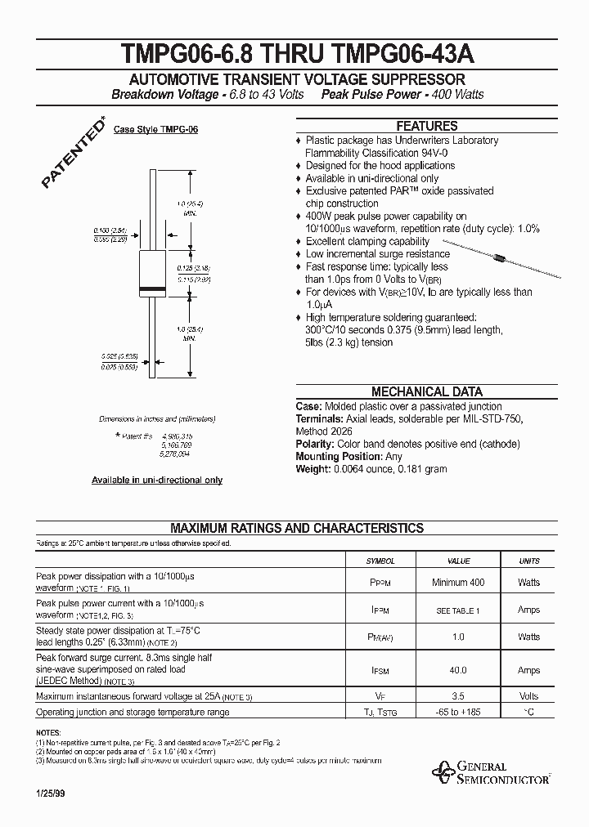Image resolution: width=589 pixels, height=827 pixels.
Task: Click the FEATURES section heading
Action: [426, 127]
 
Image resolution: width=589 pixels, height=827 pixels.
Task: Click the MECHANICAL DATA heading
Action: [426, 391]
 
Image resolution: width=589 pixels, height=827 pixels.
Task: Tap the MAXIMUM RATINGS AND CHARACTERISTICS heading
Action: [296, 528]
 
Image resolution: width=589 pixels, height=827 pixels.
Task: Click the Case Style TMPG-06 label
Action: [155, 130]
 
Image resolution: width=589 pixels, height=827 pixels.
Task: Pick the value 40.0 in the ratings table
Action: [459, 670]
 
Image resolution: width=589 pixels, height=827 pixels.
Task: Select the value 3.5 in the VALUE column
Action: [459, 696]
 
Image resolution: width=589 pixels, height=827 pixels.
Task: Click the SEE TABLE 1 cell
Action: [459, 610]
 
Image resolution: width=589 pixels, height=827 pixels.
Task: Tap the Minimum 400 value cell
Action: [459, 583]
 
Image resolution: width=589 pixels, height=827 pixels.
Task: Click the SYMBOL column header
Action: [380, 561]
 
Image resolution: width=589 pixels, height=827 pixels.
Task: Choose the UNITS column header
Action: [529, 561]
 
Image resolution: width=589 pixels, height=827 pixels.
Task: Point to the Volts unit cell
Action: [529, 696]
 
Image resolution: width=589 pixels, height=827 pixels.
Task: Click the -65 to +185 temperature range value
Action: [459, 713]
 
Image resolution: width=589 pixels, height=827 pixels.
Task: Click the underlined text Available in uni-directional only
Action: [157, 481]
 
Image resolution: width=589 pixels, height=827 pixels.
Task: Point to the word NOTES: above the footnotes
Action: [49, 733]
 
